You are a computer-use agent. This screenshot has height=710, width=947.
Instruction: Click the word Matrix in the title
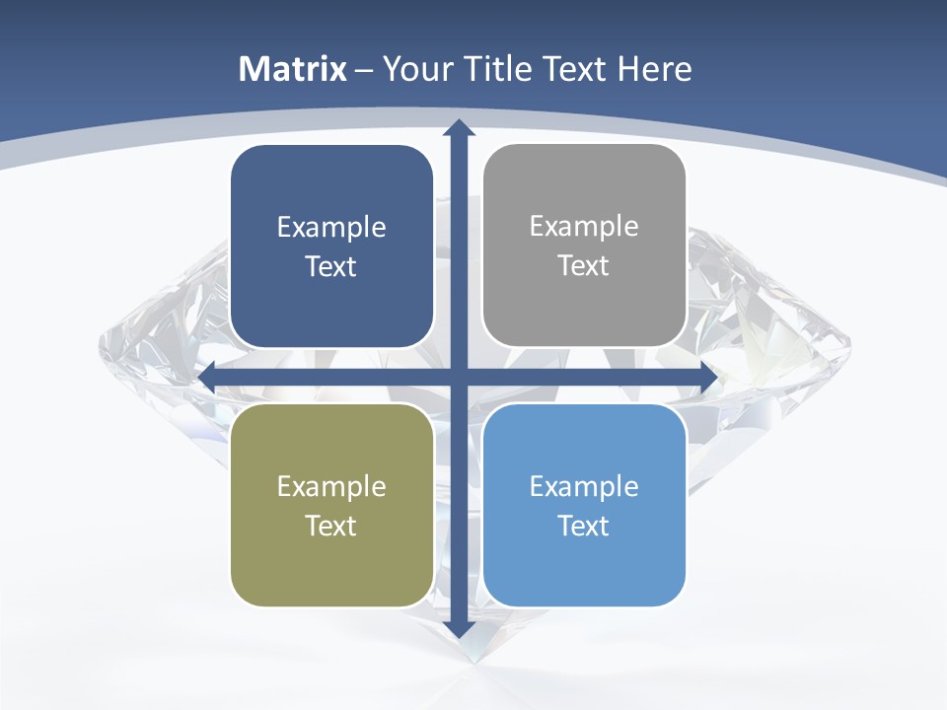pyautogui.click(x=293, y=69)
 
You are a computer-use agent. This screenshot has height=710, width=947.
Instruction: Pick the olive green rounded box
pyautogui.click(x=331, y=562)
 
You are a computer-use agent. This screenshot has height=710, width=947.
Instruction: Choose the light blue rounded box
pyautogui.click(x=584, y=562)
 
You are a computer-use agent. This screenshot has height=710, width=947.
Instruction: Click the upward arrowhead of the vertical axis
pyautogui.click(x=459, y=128)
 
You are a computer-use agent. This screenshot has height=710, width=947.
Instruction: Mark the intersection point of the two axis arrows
pyautogui.click(x=459, y=378)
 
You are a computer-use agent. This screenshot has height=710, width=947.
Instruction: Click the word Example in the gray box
pyautogui.click(x=584, y=227)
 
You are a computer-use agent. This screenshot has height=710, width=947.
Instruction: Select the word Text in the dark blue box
pyautogui.click(x=331, y=267)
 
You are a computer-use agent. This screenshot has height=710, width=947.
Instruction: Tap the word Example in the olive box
pyautogui.click(x=331, y=486)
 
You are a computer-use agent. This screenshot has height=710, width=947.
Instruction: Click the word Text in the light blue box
pyautogui.click(x=584, y=526)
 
